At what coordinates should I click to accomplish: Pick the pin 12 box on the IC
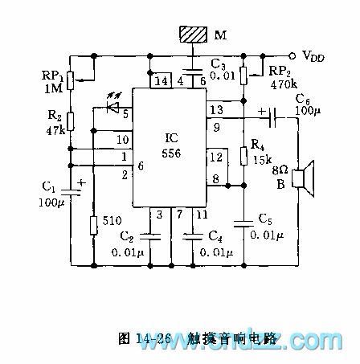(x=216, y=155)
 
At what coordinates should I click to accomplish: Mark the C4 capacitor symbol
(x=194, y=236)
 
